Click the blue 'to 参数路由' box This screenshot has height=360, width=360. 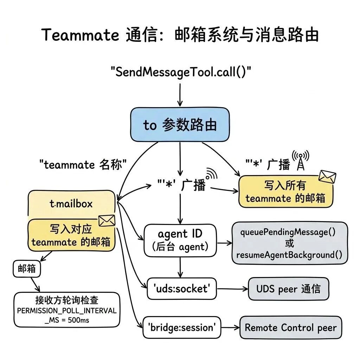tap(180, 125)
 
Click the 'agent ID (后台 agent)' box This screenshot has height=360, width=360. tap(180, 240)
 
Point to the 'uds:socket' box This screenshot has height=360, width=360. tap(181, 289)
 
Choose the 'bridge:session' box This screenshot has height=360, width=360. tap(182, 327)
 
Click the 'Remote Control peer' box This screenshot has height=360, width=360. tap(290, 328)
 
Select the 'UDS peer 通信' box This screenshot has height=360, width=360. tap(288, 289)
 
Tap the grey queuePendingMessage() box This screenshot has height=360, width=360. tap(289, 243)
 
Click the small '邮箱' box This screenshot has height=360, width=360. tap(27, 269)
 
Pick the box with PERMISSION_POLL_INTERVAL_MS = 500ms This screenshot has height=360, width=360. tap(66, 310)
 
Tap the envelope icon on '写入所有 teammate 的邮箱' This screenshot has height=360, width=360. tap(327, 176)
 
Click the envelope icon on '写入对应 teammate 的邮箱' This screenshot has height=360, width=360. tap(107, 221)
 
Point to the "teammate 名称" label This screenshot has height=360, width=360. tap(83, 165)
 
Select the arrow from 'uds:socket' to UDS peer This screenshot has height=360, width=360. tap(232, 289)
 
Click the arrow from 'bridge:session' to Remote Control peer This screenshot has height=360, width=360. tap(230, 328)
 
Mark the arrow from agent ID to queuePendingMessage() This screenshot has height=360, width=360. tap(224, 243)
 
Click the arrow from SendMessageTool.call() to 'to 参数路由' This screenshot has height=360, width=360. tap(180, 94)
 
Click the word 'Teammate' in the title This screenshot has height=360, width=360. tap(81, 35)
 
